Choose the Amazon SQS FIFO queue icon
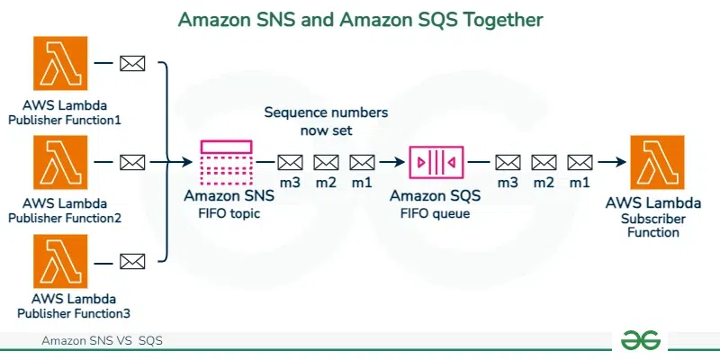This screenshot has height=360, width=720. [436, 162]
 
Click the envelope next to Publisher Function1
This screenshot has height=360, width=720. [133, 63]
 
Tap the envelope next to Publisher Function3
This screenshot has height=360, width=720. [133, 261]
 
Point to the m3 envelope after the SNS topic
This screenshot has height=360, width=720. [290, 162]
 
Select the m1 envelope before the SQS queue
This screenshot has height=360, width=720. [362, 162]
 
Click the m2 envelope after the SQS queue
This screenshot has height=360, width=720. [544, 162]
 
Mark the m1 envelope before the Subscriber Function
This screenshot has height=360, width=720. [580, 162]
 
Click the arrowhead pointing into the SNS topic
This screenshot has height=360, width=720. [189, 162]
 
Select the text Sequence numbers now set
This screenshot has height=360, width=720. [326, 121]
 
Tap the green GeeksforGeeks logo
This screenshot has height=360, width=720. [641, 339]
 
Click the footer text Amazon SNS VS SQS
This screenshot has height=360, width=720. [102, 341]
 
